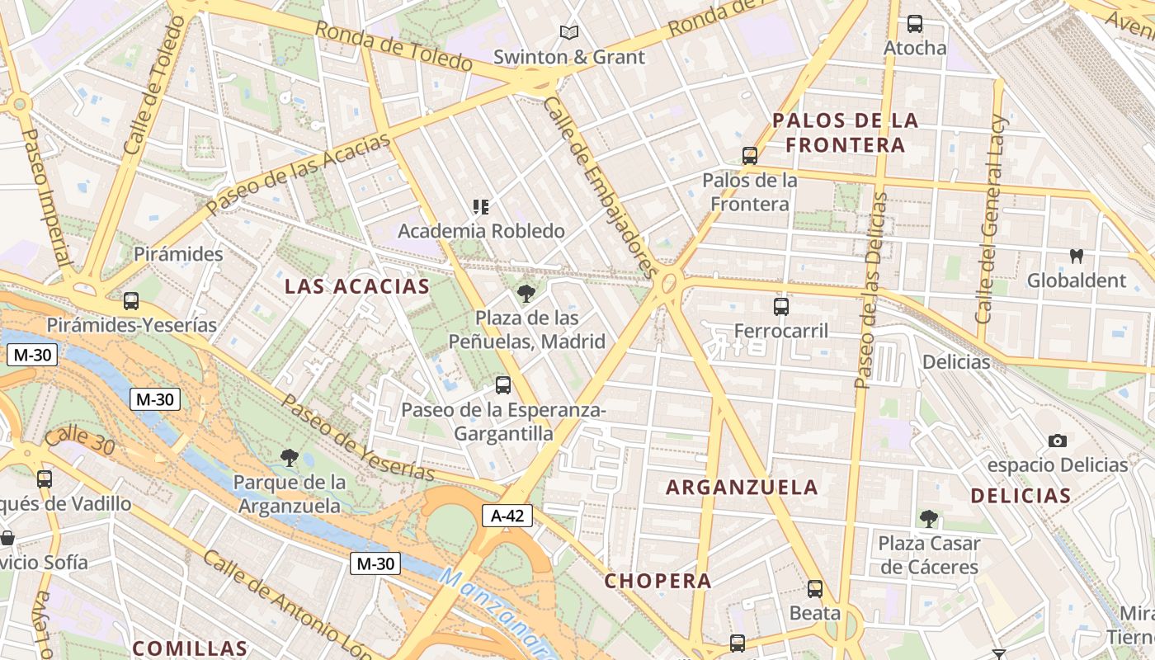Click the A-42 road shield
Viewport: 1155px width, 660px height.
[507, 516]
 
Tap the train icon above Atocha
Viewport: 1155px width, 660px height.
[914, 24]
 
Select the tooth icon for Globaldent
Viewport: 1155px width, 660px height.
[1076, 256]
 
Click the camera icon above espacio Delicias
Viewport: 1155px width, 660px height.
[1057, 441]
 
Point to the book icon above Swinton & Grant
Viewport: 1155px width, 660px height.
[568, 33]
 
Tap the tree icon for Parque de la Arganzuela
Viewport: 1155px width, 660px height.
[289, 457]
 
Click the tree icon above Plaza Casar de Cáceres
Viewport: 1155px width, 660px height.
[929, 519]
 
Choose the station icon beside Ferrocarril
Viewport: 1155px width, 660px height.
[781, 307]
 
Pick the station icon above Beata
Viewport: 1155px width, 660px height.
[815, 589]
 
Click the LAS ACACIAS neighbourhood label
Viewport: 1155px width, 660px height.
[356, 286]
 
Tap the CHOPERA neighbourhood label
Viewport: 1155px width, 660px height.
[658, 581]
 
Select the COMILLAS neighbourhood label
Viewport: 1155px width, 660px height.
[190, 648]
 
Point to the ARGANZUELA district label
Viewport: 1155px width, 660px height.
[742, 488]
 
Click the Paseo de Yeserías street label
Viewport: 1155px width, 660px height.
[358, 437]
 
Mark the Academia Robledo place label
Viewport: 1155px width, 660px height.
[481, 231]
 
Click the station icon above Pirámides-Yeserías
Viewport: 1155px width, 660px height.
[130, 301]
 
